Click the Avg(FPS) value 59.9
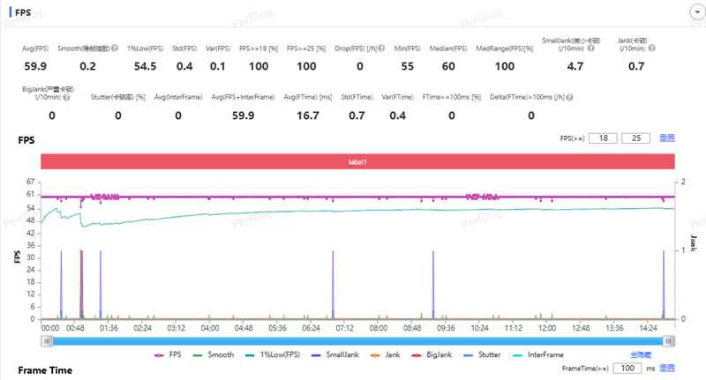coord(35,66)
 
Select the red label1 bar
coord(357,162)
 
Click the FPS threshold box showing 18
coord(605,138)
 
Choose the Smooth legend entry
coord(216,354)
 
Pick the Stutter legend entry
coord(486,354)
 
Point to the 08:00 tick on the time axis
coord(379,327)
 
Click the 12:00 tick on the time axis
coord(547,327)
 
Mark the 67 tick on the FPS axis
coord(31,180)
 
